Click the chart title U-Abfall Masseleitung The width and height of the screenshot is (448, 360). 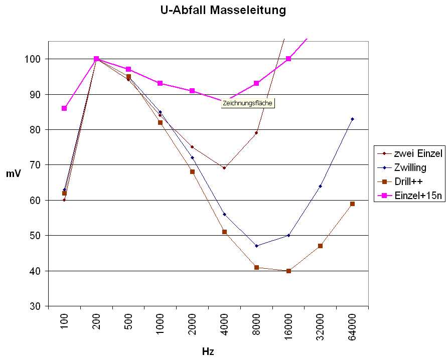click(223, 10)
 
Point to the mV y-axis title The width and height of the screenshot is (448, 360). click(13, 174)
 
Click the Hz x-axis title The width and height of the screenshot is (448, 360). click(208, 351)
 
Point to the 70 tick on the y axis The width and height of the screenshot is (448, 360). click(39, 165)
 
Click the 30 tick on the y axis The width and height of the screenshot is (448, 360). click(39, 306)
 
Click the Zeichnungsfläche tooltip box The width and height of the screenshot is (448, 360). click(248, 103)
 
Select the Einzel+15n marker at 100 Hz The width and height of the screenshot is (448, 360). click(64, 108)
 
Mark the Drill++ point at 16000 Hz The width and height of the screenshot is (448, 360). click(288, 271)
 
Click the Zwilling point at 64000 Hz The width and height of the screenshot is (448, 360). click(353, 119)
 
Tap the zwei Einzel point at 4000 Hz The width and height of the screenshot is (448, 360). click(224, 168)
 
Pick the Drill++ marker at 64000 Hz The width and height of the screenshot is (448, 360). click(353, 204)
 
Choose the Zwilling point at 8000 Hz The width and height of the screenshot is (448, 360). click(256, 246)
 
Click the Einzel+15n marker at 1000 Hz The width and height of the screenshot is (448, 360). click(160, 83)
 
